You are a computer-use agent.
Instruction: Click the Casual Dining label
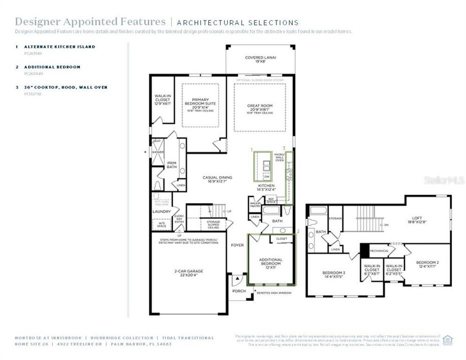coord(216,179)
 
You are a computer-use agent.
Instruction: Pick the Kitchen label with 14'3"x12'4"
coord(266,187)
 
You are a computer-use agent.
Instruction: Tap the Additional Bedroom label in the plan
coord(270,261)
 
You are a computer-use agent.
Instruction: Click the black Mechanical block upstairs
coord(364,250)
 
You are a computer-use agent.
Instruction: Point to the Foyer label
coord(237,245)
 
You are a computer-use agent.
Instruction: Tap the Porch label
coord(239,291)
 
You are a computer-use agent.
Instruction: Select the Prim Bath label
coord(172,164)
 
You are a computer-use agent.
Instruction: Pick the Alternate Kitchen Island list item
coord(60,46)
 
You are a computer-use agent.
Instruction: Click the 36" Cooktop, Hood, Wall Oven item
coord(66,87)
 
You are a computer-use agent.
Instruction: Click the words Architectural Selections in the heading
coord(238,22)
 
